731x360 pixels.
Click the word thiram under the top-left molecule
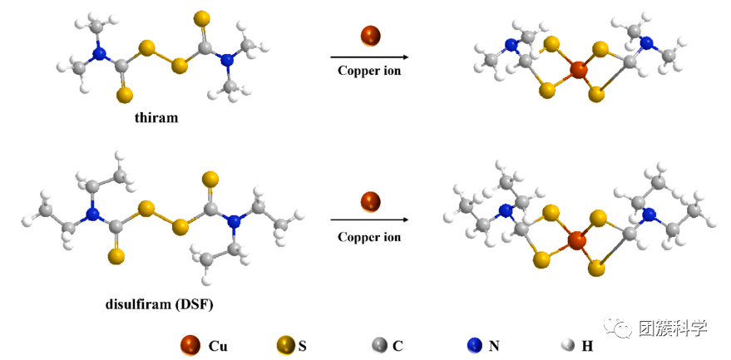click(x=156, y=117)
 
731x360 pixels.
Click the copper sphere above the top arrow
click(x=370, y=36)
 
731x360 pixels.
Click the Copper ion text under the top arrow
click(x=369, y=71)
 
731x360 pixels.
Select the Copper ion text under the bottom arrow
click(x=369, y=237)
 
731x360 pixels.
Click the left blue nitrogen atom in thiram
click(x=100, y=56)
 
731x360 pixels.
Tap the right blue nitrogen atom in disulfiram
click(x=235, y=220)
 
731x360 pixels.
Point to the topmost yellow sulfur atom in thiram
click(x=200, y=17)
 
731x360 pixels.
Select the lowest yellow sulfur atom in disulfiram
click(x=116, y=254)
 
